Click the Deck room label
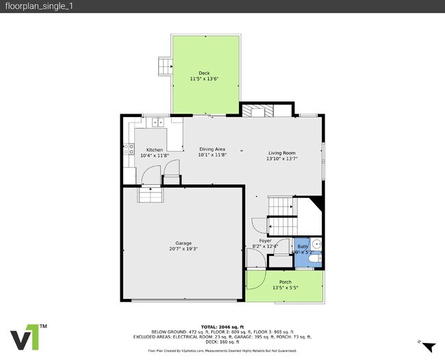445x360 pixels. coord(204,73)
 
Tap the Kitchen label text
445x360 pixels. coord(154,149)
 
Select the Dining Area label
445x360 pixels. coord(212,149)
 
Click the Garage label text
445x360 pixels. coord(183,243)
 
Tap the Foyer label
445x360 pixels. coord(265,241)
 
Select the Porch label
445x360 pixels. coord(285,282)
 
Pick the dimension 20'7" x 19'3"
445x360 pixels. coord(183,249)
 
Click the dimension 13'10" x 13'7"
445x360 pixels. coord(281,159)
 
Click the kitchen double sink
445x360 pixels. coord(157,123)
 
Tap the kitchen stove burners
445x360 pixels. coord(127,148)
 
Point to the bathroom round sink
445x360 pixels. coord(316,244)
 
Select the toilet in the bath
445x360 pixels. coord(313,259)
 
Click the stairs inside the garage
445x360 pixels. coord(150,196)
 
